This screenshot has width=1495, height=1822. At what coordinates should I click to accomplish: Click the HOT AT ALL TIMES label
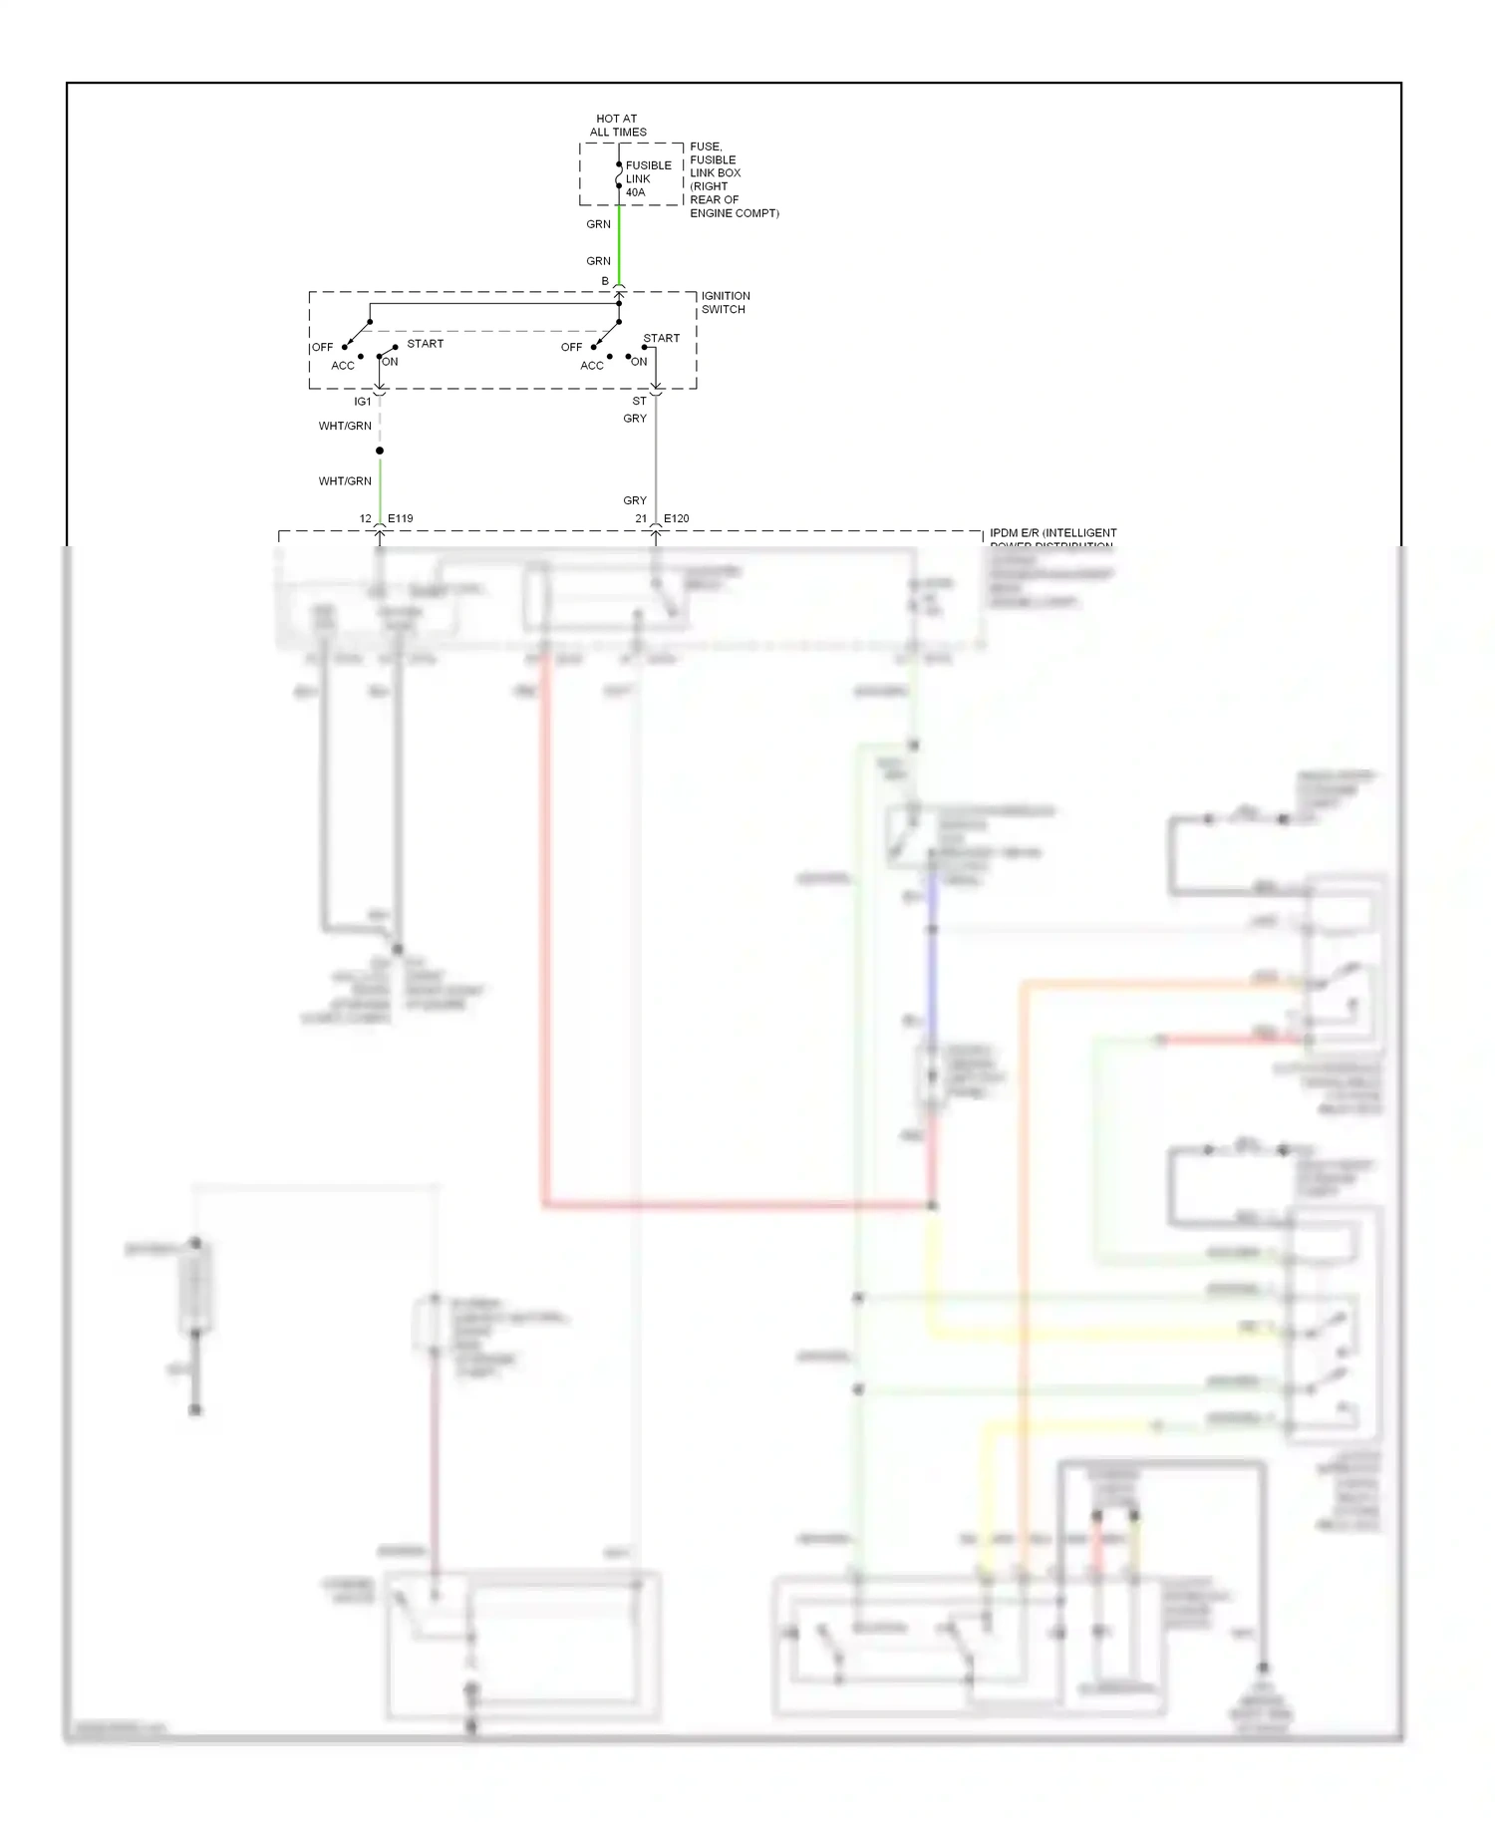[617, 125]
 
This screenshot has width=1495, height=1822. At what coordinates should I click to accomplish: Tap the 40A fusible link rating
[635, 192]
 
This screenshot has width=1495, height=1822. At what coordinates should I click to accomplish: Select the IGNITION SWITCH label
[725, 302]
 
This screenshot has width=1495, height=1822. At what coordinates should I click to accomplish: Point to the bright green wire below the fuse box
[619, 244]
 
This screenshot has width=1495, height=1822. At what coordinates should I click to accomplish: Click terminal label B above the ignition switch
[605, 281]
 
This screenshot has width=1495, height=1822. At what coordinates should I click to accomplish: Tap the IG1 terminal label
[362, 402]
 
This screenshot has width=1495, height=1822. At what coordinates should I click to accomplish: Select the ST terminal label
[639, 401]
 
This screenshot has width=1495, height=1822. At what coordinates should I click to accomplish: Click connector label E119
[400, 518]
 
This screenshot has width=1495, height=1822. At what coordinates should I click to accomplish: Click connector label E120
[676, 518]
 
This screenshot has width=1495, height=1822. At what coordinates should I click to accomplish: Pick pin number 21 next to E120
[641, 518]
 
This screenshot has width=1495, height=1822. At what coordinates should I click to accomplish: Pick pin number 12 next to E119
[365, 518]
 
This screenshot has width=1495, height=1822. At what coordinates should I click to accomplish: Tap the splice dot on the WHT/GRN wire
[380, 451]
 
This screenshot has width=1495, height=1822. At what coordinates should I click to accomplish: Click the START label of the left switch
[425, 344]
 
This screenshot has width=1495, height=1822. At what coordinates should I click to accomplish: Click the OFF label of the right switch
[571, 347]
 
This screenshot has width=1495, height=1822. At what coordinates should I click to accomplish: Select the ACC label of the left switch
[342, 366]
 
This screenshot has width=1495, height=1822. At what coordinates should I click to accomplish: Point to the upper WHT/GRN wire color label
[345, 426]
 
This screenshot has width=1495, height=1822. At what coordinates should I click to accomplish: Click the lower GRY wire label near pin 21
[635, 500]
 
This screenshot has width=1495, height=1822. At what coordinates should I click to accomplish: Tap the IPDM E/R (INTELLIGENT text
[1052, 533]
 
